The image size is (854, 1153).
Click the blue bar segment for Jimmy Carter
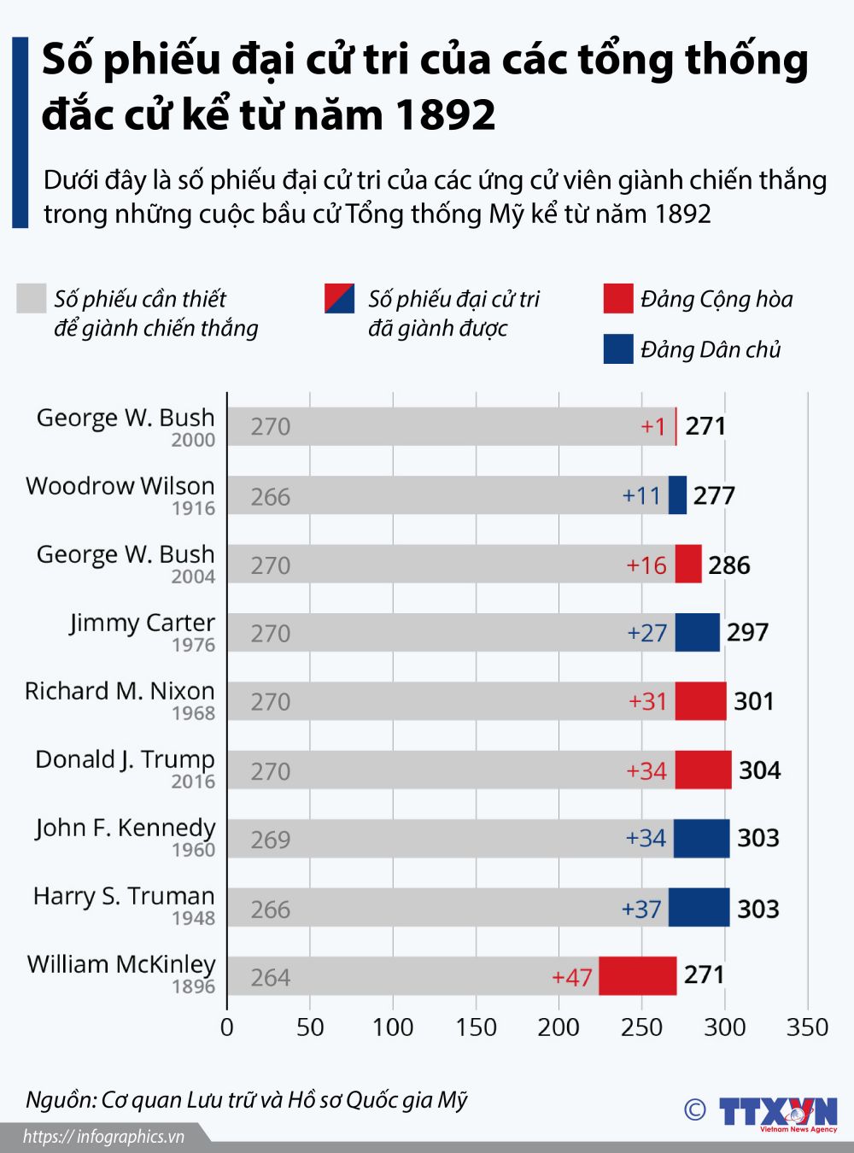[x=697, y=633]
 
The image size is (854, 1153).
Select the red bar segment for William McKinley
[x=637, y=975]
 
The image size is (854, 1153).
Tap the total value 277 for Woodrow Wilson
[x=714, y=495]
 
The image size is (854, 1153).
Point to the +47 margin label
[x=572, y=977]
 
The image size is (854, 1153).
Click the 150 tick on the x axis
[x=476, y=1027]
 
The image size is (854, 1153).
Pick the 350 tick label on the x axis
[x=807, y=1027]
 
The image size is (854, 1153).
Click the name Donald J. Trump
[x=125, y=759]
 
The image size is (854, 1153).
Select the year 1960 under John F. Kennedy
[x=193, y=850]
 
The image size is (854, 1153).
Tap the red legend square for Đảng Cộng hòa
[x=617, y=299]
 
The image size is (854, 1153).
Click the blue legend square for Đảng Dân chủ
[x=617, y=349]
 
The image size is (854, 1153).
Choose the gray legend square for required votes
[x=31, y=299]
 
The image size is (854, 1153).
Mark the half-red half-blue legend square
[x=339, y=299]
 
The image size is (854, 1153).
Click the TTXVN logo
[x=777, y=1113]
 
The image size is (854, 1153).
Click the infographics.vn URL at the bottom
[x=103, y=1137]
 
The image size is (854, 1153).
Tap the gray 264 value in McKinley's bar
[x=270, y=977]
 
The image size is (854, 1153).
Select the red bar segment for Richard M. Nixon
[x=700, y=701]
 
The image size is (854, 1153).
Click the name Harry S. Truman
[x=124, y=896]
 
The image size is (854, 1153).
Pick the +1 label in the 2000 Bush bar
[x=652, y=426]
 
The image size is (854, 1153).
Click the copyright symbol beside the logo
[x=695, y=1109]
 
